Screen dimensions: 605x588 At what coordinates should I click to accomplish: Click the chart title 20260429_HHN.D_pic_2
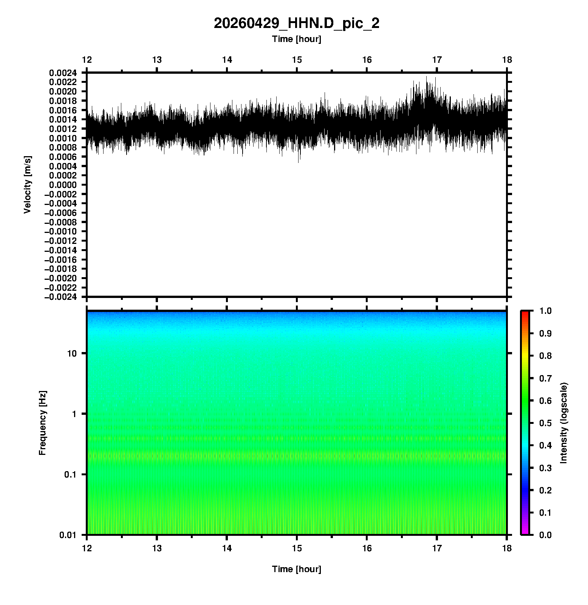point(296,23)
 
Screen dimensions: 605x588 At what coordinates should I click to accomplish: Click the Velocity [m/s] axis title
point(27,185)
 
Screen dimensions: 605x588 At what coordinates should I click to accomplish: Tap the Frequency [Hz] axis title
point(42,423)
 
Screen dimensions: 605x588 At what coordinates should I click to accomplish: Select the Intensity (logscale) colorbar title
point(564,423)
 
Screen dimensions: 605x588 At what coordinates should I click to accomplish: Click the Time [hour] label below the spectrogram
point(296,569)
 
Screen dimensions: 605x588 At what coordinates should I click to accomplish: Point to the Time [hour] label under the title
point(296,39)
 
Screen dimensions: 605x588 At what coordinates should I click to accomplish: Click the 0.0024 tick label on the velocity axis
point(63,73)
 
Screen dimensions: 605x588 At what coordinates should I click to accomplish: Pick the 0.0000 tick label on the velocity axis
point(63,185)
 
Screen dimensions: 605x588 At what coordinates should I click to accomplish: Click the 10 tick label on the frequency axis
point(72,354)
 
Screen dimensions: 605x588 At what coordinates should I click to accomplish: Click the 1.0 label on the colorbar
point(545,311)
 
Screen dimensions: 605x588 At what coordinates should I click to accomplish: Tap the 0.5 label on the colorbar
point(545,423)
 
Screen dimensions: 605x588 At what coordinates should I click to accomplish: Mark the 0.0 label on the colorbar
point(545,535)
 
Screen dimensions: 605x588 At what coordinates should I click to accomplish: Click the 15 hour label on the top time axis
point(297,60)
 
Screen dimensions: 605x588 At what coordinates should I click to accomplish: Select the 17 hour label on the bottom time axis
point(437,548)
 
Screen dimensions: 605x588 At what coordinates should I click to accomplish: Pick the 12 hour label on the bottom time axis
point(87,548)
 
